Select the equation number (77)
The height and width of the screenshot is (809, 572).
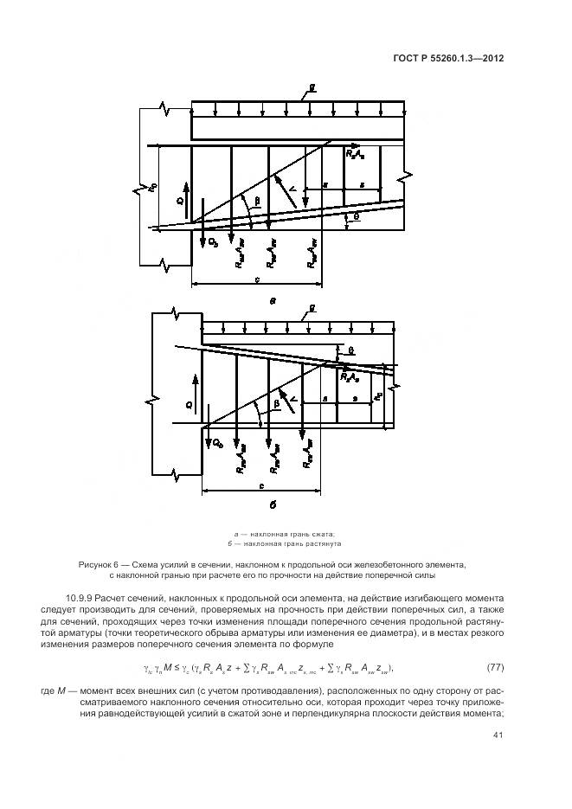point(496,666)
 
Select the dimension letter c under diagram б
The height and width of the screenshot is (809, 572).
point(260,486)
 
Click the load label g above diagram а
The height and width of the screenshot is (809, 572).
point(312,89)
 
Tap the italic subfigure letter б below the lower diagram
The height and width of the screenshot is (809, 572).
point(273,506)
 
